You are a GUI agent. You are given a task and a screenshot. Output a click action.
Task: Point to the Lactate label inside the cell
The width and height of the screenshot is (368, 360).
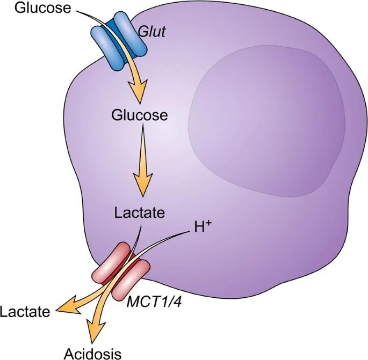139,213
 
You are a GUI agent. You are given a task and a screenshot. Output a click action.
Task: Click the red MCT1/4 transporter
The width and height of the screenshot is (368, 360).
123,271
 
